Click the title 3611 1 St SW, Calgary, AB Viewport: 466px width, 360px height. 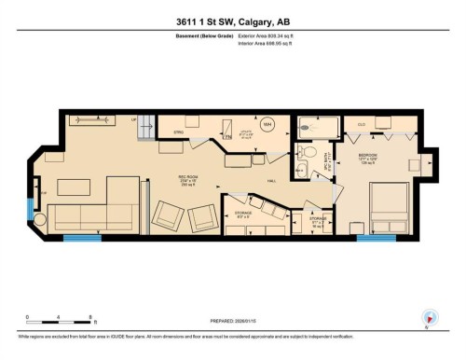click(x=232, y=22)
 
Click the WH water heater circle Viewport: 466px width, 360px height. click(x=267, y=125)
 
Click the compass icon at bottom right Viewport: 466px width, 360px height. click(x=429, y=317)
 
